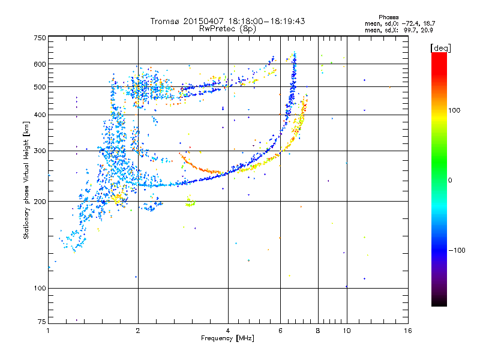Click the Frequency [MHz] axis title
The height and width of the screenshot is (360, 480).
pos(227,338)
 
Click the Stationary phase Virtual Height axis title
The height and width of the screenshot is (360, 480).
pos(26,180)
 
